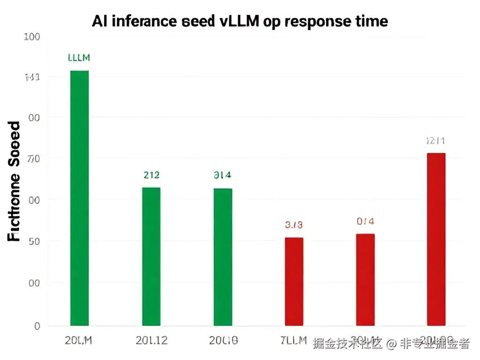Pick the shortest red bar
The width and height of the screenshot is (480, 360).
294,281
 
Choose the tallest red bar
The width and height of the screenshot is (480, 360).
436,239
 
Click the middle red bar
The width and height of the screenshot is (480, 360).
365,279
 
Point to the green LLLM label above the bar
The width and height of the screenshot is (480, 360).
79,58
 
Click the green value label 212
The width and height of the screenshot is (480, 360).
151,175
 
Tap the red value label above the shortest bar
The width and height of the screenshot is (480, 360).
294,225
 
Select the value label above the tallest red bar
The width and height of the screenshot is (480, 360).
435,141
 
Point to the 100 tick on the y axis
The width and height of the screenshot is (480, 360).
32,37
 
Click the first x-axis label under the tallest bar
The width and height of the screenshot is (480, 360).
78,341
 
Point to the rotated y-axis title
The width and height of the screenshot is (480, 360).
15,181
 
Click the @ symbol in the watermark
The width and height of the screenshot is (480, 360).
391,344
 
